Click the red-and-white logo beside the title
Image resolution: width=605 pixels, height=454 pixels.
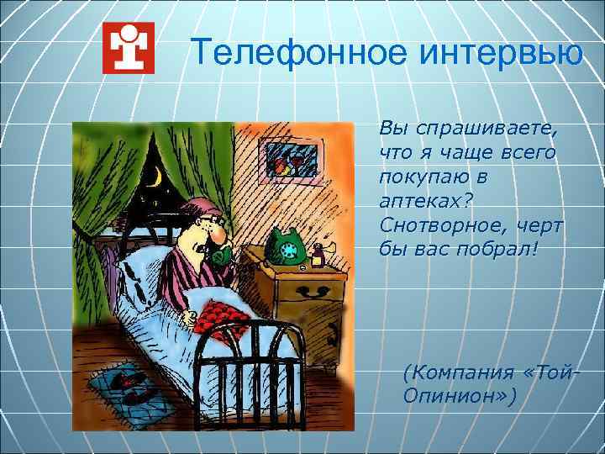pyautogui.click(x=128, y=48)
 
